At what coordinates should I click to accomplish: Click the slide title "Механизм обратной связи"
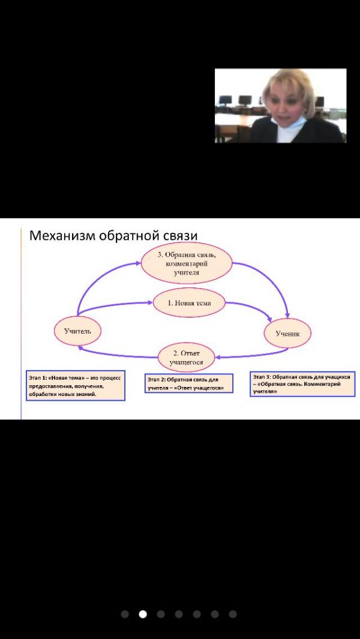[x=113, y=236]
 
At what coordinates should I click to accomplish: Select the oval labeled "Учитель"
[x=77, y=330]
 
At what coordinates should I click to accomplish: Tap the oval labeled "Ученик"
[x=287, y=332]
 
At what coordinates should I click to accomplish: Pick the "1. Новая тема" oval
[x=189, y=303]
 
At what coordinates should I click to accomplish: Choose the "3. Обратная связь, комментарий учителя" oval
[x=187, y=263]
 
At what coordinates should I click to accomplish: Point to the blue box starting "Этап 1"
[x=75, y=385]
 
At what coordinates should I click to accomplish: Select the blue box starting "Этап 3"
[x=302, y=383]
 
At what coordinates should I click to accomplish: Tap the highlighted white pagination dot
[x=143, y=614]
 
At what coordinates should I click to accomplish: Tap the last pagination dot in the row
[x=233, y=614]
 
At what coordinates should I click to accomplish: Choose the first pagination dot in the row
[x=125, y=614]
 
